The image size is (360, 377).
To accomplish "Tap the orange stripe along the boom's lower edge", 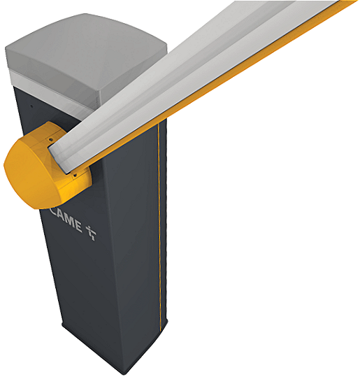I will click(x=231, y=77).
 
